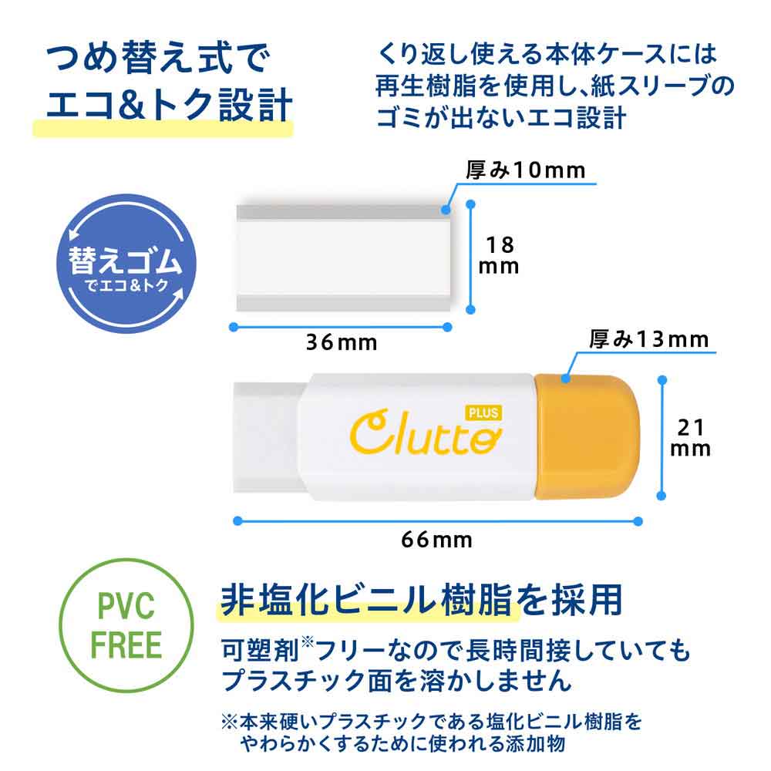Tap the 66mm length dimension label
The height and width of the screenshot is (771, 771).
[436, 538]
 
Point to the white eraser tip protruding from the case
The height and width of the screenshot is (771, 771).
[266, 436]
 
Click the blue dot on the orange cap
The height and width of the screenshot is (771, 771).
[565, 378]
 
